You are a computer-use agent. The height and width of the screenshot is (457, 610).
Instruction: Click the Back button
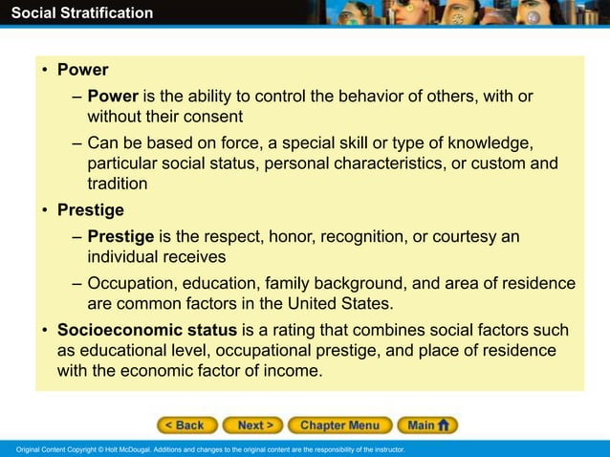pos(187,425)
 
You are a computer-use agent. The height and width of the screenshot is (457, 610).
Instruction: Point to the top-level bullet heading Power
pos(82,70)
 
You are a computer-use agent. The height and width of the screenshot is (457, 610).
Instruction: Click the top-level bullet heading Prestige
pos(90,209)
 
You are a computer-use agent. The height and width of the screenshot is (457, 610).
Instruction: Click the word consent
pos(214,117)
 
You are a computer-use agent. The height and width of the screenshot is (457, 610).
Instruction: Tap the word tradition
pos(117,184)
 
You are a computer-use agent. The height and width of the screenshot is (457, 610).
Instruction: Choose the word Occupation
pos(131,284)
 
